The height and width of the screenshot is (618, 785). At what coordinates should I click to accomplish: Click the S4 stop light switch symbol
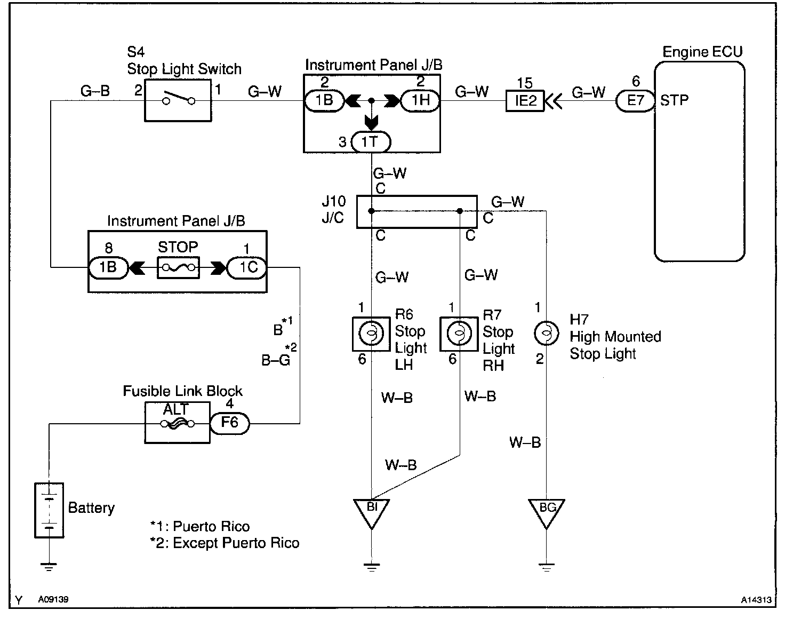pyautogui.click(x=178, y=100)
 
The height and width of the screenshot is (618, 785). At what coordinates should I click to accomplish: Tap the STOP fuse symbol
pyautogui.click(x=178, y=268)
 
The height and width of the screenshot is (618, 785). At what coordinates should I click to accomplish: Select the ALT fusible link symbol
pyautogui.click(x=177, y=423)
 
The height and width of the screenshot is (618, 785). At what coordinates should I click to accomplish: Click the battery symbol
pyautogui.click(x=49, y=510)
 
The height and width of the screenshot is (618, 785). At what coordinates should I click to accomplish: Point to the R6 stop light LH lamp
pyautogui.click(x=371, y=334)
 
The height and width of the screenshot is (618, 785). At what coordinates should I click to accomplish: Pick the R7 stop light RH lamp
pyautogui.click(x=459, y=334)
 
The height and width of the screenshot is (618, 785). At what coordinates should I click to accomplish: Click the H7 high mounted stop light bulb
pyautogui.click(x=546, y=333)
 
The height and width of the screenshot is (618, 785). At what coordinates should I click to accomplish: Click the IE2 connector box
pyautogui.click(x=525, y=101)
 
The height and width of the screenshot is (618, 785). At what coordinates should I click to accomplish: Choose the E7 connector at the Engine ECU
pyautogui.click(x=635, y=101)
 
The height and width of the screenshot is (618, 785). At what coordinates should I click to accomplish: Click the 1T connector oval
pyautogui.click(x=371, y=142)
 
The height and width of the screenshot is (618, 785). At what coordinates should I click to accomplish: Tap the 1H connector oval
pyautogui.click(x=420, y=100)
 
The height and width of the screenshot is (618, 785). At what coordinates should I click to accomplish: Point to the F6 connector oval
pyautogui.click(x=230, y=423)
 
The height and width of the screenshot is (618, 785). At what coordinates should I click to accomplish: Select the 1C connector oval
pyautogui.click(x=247, y=267)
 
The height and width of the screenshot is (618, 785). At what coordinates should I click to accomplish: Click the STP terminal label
pyautogui.click(x=674, y=100)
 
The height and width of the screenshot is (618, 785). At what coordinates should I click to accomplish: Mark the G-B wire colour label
pyautogui.click(x=95, y=91)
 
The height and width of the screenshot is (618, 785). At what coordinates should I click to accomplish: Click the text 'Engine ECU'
pyautogui.click(x=702, y=52)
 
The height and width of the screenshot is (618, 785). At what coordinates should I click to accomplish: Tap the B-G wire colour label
pyautogui.click(x=276, y=360)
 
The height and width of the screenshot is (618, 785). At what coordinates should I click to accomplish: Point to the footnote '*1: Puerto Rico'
pyautogui.click(x=200, y=526)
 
